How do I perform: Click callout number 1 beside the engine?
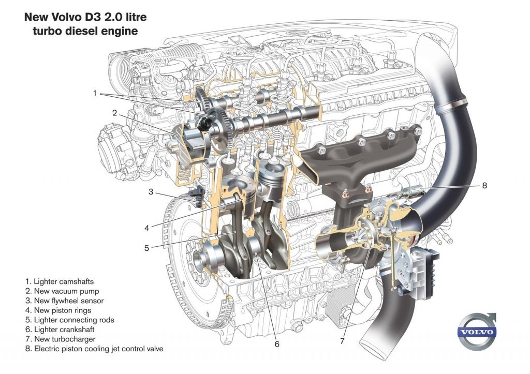[x=95, y=93]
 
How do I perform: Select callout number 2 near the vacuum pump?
[x=115, y=112]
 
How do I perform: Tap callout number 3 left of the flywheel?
[x=151, y=192]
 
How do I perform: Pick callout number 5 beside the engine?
[x=147, y=248]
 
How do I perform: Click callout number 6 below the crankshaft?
[x=277, y=343]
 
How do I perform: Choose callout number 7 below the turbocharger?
[x=342, y=341]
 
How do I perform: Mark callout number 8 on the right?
[x=484, y=185]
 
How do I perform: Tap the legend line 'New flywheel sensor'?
[x=65, y=301]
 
